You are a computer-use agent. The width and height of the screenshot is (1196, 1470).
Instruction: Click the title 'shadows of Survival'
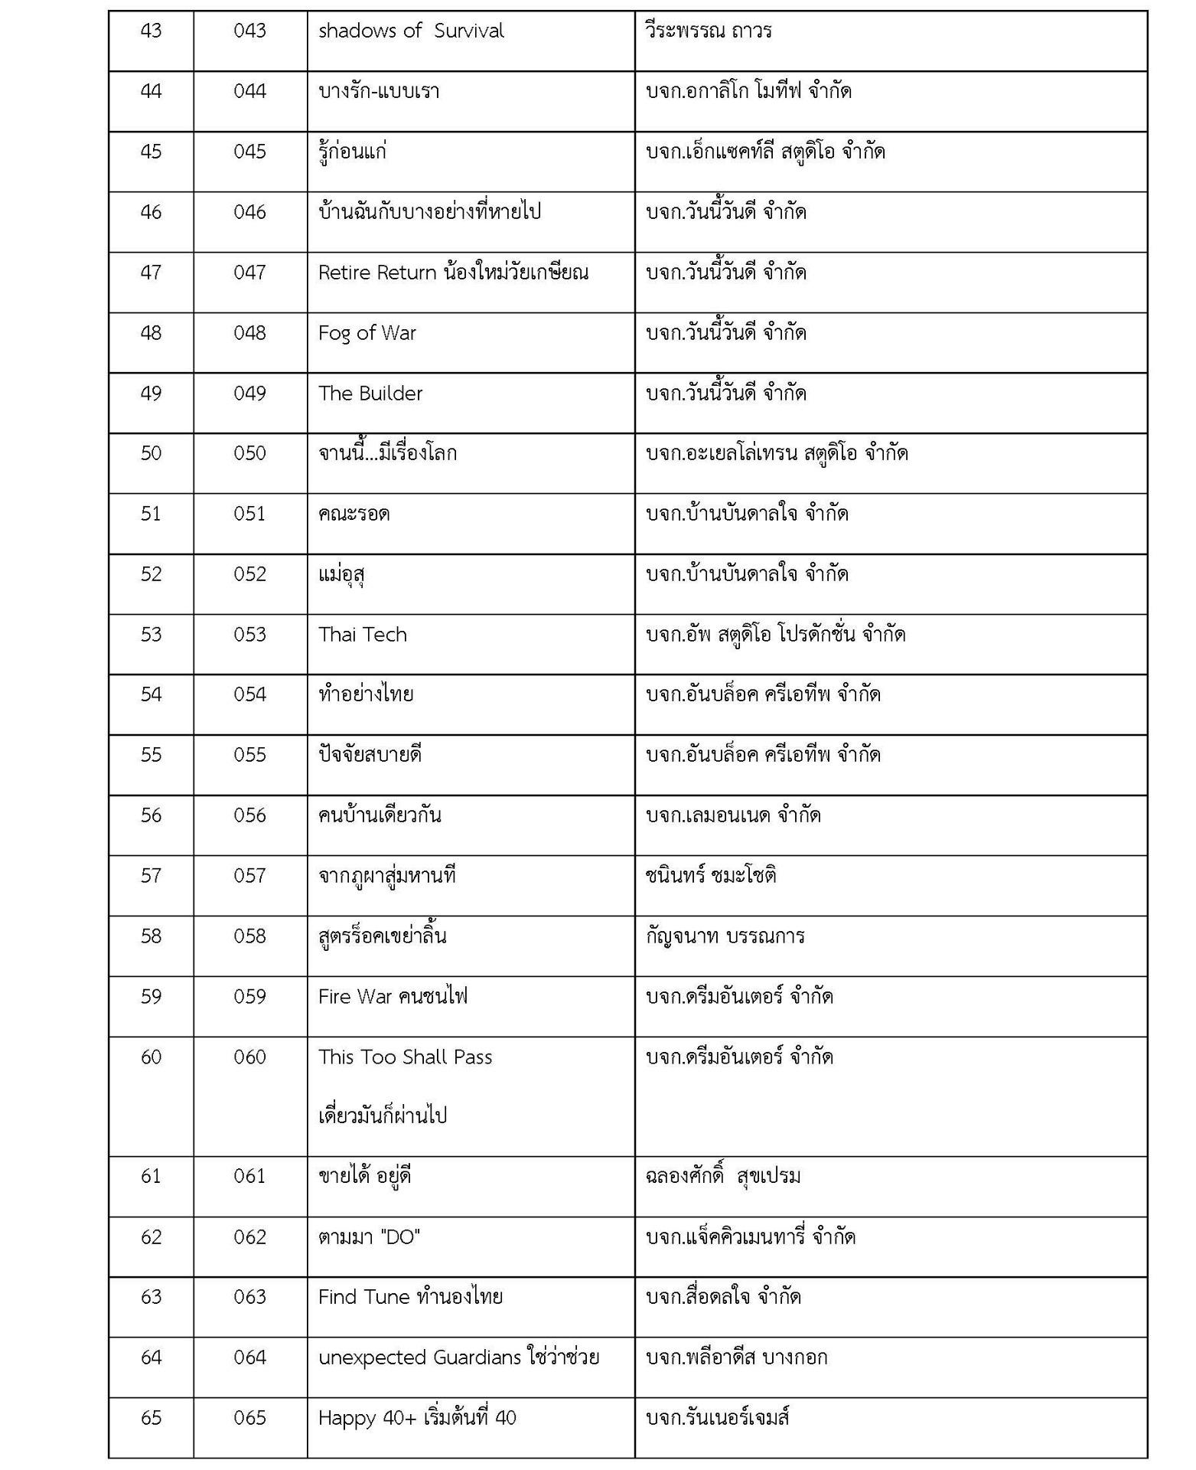411,31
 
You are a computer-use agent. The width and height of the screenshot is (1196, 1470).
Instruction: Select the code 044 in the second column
249,92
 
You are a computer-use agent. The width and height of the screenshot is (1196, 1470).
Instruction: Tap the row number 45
151,152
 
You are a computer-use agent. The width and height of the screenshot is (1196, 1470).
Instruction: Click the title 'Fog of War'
367,333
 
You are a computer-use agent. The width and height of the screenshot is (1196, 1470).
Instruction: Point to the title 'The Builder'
370,394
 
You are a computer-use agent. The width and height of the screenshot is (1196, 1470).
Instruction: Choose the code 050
249,453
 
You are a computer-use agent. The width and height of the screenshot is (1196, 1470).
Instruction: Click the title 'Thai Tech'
363,635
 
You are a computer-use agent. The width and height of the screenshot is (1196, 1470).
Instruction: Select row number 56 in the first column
151,815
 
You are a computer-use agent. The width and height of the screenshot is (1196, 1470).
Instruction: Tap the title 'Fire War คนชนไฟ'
393,997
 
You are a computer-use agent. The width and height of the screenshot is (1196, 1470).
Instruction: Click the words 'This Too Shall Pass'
405,1057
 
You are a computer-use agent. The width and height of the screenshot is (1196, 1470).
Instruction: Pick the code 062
249,1237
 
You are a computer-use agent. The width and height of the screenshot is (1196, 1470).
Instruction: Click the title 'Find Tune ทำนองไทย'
410,1297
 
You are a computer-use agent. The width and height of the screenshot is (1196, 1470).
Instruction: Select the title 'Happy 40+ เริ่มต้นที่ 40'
417,1418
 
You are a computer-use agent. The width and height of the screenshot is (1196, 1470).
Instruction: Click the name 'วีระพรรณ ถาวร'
709,31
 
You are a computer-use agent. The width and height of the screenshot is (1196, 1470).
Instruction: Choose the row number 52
151,574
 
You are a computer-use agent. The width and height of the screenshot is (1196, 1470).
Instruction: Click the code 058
249,936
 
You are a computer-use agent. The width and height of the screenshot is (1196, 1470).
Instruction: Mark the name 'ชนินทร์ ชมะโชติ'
711,876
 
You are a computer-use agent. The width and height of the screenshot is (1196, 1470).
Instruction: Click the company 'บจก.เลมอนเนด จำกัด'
733,815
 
